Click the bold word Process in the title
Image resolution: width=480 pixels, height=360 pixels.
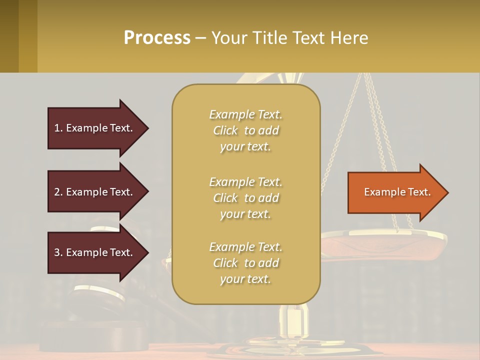click(x=157, y=38)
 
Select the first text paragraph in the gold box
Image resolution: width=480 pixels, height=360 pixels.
click(x=245, y=130)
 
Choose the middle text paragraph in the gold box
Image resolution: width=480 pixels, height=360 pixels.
click(x=245, y=198)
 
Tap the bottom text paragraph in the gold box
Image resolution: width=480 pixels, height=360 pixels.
click(x=245, y=263)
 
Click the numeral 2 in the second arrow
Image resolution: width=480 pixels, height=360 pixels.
click(x=56, y=192)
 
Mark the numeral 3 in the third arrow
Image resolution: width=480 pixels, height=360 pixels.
click(x=56, y=252)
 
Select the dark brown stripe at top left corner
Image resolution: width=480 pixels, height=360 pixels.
click(x=9, y=36)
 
